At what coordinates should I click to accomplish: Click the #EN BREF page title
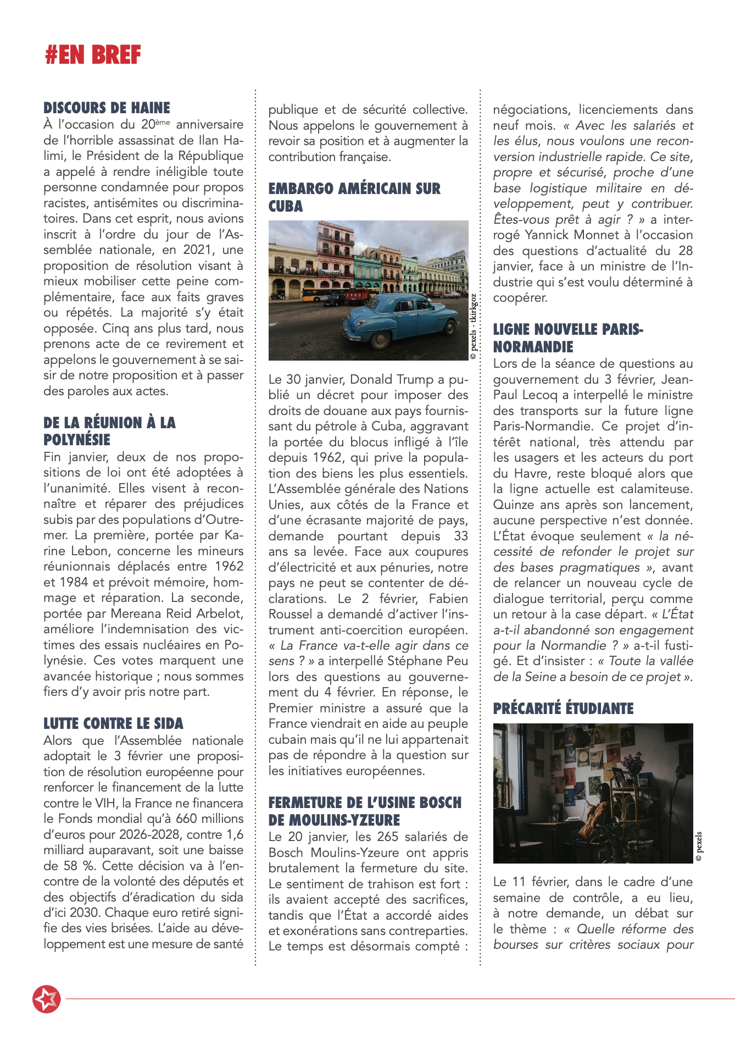(93, 55)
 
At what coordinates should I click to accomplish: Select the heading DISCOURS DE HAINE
(107, 108)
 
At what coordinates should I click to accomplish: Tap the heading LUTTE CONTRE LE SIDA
(113, 723)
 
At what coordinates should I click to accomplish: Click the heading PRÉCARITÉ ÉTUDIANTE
(563, 709)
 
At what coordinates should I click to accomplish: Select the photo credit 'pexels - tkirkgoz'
(474, 327)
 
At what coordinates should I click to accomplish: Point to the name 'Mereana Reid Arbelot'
(176, 613)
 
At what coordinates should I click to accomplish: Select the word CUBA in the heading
(286, 206)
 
